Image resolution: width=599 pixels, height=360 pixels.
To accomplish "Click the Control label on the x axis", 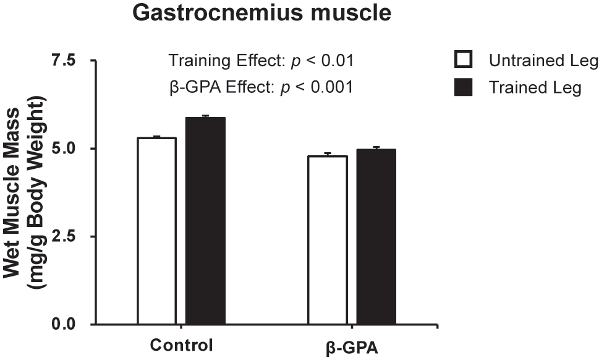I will click(x=182, y=345).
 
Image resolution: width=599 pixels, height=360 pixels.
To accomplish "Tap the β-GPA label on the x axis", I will click(x=352, y=346).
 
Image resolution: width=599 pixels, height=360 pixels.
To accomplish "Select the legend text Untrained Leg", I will click(x=543, y=61).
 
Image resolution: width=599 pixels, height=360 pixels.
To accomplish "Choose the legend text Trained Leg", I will click(x=535, y=88).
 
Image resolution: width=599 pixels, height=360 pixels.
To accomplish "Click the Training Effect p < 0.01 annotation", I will click(x=261, y=61).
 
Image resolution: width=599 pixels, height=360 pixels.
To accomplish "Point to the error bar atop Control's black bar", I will click(x=205, y=116).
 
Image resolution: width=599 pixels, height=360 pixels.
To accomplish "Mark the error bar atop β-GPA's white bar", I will click(x=328, y=154).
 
